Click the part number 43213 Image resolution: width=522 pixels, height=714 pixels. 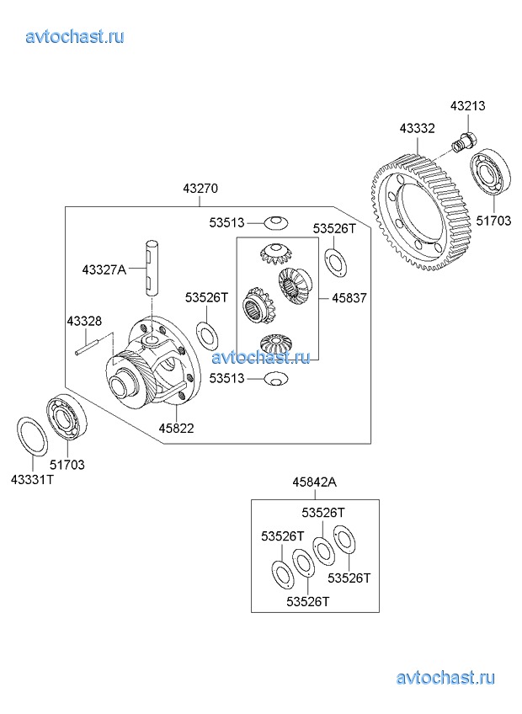pyautogui.click(x=467, y=107)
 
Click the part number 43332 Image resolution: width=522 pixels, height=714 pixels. pyautogui.click(x=417, y=128)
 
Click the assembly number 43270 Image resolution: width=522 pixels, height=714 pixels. pyautogui.click(x=200, y=190)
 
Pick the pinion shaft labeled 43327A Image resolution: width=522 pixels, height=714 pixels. pyautogui.click(x=151, y=266)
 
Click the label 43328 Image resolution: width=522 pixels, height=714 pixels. pyautogui.click(x=84, y=321)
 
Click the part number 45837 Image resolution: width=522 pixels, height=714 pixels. pyautogui.click(x=349, y=298)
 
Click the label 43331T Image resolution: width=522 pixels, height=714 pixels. pyautogui.click(x=33, y=479)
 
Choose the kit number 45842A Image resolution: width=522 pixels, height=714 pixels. pyautogui.click(x=314, y=482)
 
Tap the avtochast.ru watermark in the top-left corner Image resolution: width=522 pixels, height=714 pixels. pyautogui.click(x=75, y=35)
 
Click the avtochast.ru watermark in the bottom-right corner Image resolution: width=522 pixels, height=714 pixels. pyautogui.click(x=445, y=678)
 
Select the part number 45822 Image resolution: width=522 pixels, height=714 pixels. pyautogui.click(x=177, y=428)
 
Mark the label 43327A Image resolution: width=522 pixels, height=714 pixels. pyautogui.click(x=104, y=269)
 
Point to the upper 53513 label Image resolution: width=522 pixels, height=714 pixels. pyautogui.click(x=226, y=223)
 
